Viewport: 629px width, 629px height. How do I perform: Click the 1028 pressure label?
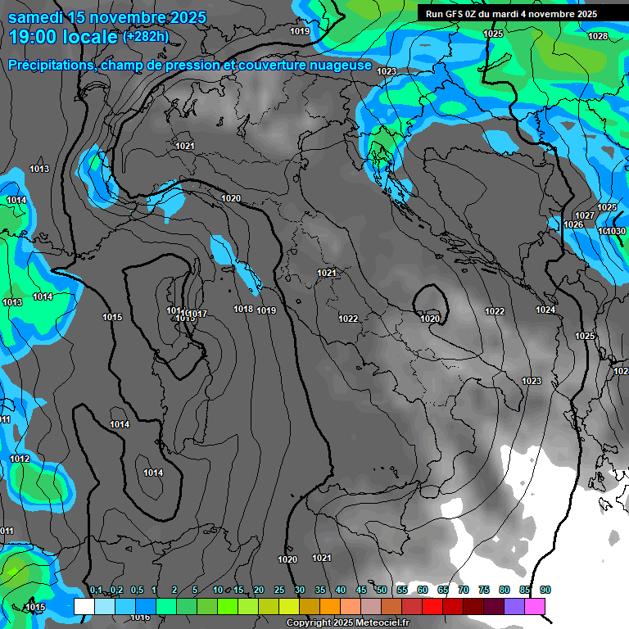click(598, 36)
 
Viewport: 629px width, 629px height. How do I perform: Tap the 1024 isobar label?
click(545, 310)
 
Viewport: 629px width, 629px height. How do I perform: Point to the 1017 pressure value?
click(197, 314)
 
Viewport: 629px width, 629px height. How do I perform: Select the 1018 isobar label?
click(243, 309)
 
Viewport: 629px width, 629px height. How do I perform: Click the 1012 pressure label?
click(20, 459)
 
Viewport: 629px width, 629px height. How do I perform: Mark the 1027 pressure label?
click(585, 215)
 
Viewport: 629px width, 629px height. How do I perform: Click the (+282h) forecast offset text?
click(146, 36)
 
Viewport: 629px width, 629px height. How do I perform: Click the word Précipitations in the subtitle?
click(49, 66)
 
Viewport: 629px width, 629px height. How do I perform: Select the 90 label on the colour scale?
click(545, 591)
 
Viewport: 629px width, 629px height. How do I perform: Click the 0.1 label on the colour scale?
click(96, 591)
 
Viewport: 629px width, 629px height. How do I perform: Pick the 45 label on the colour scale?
click(361, 591)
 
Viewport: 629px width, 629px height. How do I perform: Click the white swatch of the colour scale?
click(84, 606)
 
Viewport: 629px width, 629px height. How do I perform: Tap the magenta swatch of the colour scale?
click(535, 606)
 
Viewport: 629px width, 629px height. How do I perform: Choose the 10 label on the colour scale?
click(218, 591)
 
